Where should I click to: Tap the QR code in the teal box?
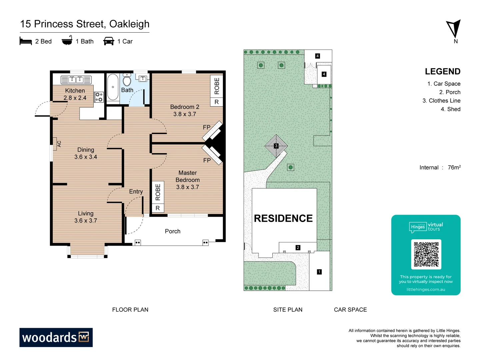tap(426, 254)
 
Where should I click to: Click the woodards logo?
tap(56, 337)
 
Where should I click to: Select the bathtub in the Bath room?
tap(113, 87)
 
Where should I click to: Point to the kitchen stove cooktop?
tap(99, 97)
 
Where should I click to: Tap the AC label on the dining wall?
tap(59, 144)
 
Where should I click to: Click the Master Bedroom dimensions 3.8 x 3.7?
tap(187, 187)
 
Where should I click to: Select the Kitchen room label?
tap(75, 91)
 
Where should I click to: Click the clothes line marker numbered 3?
tap(276, 146)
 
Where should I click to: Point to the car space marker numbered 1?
tap(319, 272)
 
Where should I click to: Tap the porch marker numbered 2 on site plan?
tap(298, 248)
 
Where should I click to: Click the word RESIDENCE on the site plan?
tap(283, 218)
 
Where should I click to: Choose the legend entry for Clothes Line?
tap(441, 101)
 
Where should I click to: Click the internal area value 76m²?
tap(454, 167)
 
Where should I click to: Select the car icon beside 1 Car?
tap(109, 41)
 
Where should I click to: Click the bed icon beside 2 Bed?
tap(26, 41)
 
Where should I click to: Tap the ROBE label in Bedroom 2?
tap(217, 86)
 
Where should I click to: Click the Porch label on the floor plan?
tap(173, 231)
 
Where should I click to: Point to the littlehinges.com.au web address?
tap(426, 289)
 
